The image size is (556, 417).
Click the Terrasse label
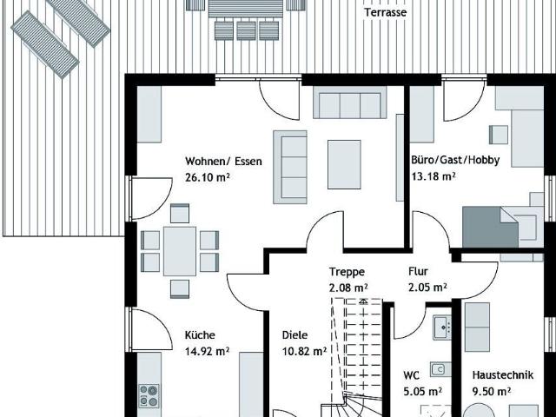(x=386, y=12)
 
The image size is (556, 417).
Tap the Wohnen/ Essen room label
(x=223, y=162)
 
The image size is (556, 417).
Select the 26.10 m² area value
(x=208, y=177)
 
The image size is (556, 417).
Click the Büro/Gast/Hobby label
(x=455, y=160)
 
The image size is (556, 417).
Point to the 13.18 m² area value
(x=434, y=175)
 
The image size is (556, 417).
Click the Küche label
(x=200, y=335)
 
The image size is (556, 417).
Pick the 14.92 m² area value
(x=207, y=351)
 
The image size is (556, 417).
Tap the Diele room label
(x=295, y=335)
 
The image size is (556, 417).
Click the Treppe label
(x=347, y=272)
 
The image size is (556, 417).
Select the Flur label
(x=418, y=272)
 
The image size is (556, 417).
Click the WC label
(x=411, y=375)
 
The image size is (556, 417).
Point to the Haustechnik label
(x=503, y=375)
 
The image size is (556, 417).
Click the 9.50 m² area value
(x=492, y=392)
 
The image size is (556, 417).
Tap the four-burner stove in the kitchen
(x=149, y=396)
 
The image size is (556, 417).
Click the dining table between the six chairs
(x=180, y=251)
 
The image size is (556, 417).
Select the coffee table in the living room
(x=344, y=164)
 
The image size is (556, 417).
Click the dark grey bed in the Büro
(x=490, y=227)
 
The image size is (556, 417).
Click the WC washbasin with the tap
(x=442, y=328)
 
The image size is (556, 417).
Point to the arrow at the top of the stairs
(x=363, y=301)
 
